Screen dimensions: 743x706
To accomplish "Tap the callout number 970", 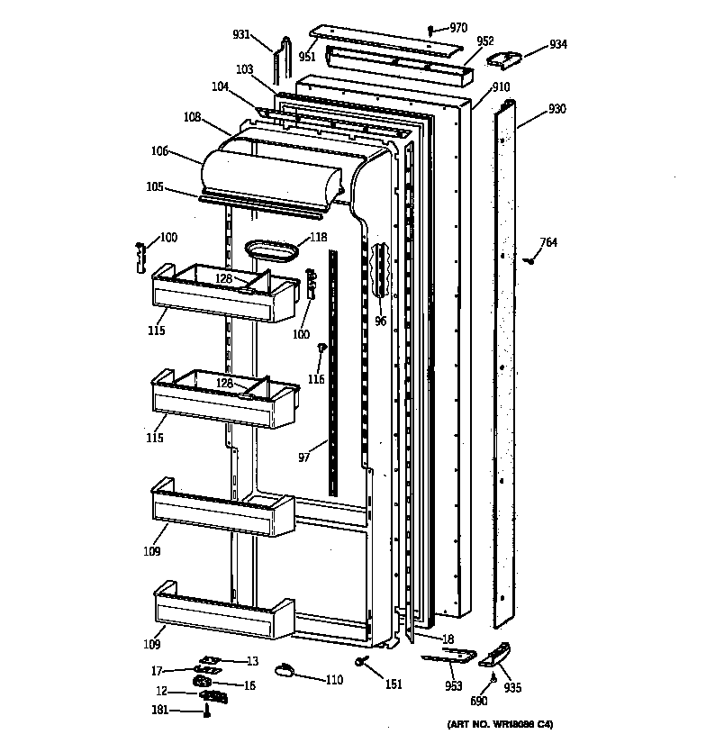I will point(458,28).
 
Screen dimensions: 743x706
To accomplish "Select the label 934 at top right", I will point(558,44).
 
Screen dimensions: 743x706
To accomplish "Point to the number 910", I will point(501,87).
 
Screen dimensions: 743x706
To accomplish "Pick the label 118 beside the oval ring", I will point(318,238).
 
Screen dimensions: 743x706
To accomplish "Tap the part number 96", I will point(381,319).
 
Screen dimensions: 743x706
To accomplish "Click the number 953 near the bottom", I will point(454,685).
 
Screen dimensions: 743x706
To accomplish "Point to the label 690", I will point(478,700).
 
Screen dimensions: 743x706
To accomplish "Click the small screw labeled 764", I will point(530,260).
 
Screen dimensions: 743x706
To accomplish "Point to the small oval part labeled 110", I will point(284,667).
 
